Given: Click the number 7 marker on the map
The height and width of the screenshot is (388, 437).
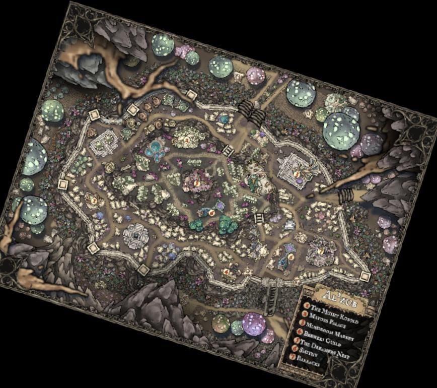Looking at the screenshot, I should [321, 251].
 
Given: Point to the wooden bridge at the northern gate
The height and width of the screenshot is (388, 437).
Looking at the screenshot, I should [251, 109].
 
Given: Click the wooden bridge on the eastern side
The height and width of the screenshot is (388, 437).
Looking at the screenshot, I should [345, 194].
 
